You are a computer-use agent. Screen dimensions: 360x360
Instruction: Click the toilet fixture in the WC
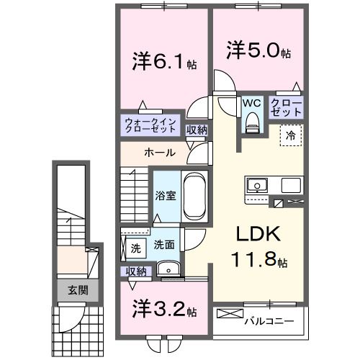click(251, 124)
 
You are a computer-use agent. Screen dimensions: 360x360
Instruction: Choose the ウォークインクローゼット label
click(149, 126)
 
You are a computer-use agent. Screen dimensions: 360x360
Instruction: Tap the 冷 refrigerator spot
click(292, 133)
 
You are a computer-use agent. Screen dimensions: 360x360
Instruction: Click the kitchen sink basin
click(257, 186)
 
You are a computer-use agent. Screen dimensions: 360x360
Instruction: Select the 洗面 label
click(163, 245)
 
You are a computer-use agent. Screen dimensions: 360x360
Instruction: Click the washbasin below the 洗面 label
click(168, 269)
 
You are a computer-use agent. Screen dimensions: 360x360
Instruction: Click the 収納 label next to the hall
click(196, 130)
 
